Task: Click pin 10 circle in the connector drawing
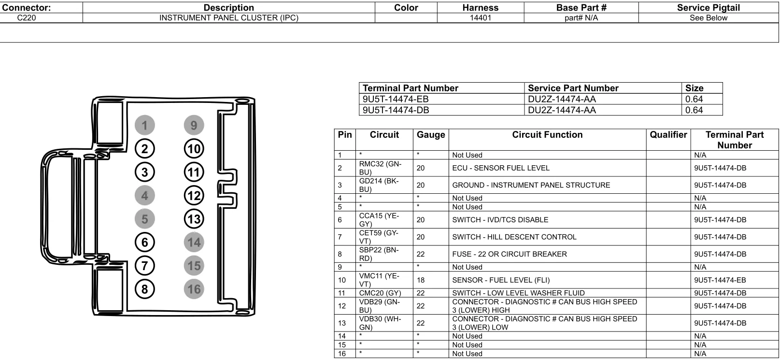(x=194, y=149)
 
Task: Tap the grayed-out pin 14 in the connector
(x=194, y=242)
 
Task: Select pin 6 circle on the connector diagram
(x=144, y=242)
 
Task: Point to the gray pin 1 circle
(x=144, y=125)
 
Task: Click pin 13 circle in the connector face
(x=194, y=219)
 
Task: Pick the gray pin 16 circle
(x=194, y=289)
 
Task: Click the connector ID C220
(x=27, y=18)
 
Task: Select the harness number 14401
(x=481, y=18)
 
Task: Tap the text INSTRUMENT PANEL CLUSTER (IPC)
(x=229, y=18)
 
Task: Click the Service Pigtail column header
(x=708, y=8)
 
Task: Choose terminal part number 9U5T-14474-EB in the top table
(x=396, y=99)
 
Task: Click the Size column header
(x=695, y=88)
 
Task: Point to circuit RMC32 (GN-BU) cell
(x=380, y=168)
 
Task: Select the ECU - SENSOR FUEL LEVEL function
(x=501, y=168)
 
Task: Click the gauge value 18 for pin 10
(x=421, y=280)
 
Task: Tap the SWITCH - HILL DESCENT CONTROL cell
(x=514, y=237)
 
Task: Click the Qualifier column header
(x=668, y=134)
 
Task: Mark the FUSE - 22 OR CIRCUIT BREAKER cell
(x=510, y=254)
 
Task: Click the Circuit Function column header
(x=547, y=134)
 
